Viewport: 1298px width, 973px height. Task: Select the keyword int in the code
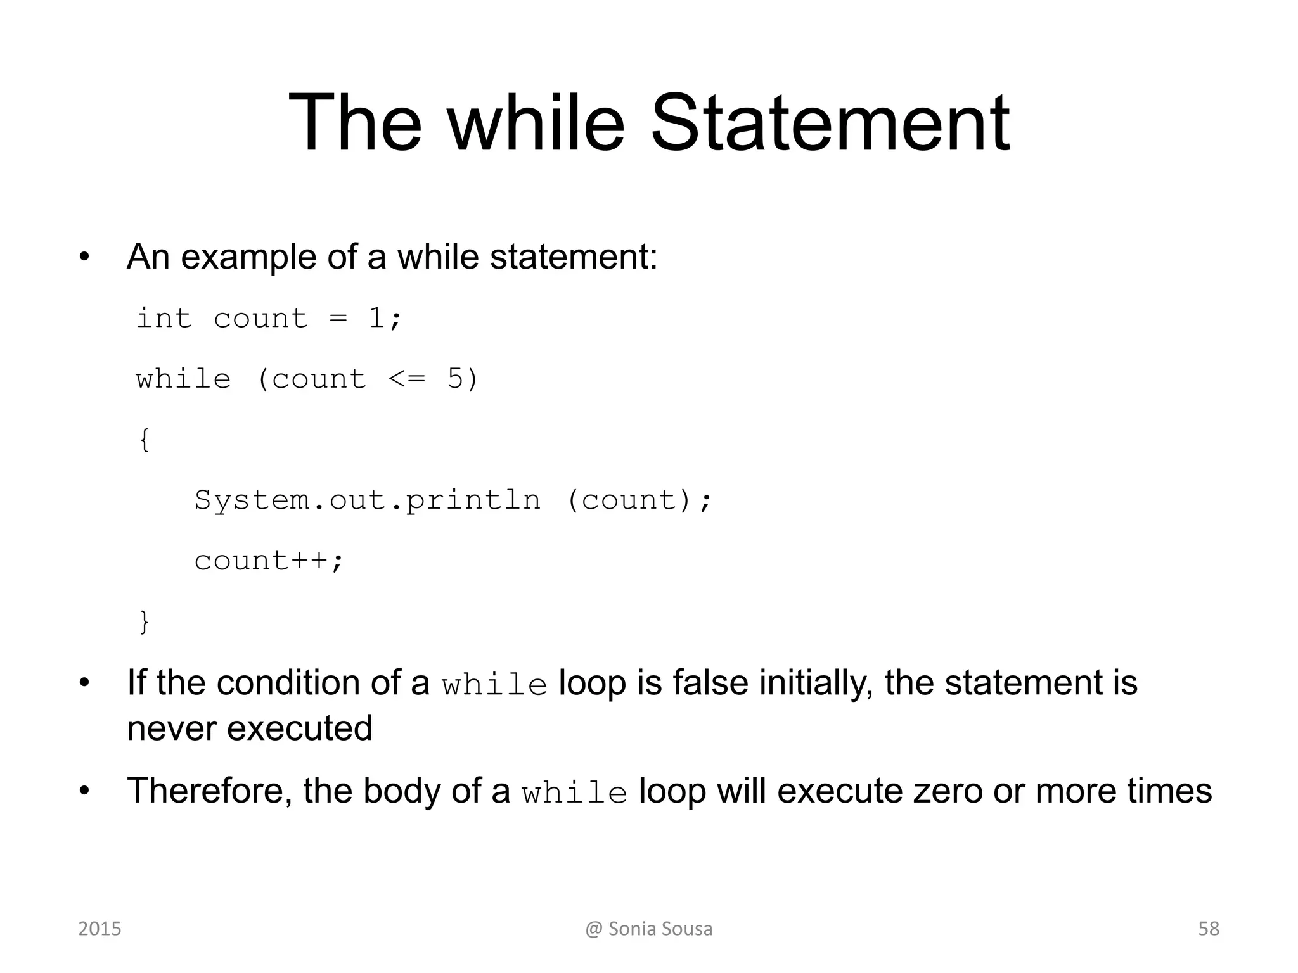coord(164,318)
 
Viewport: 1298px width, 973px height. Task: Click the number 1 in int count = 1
coord(376,318)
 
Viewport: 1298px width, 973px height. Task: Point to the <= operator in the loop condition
coord(406,379)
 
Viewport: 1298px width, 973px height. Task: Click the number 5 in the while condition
coord(455,379)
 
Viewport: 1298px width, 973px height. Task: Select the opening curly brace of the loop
coord(145,440)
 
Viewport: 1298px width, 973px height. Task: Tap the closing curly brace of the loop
coord(145,621)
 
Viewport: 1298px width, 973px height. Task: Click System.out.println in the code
coord(368,500)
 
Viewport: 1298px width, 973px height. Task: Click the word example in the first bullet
coord(248,258)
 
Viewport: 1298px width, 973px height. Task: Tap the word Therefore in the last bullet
coord(209,791)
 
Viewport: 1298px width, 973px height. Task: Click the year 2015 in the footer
coord(100,929)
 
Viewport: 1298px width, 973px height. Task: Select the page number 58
coord(1209,929)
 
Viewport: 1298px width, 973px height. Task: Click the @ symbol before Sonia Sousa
coord(593,929)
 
